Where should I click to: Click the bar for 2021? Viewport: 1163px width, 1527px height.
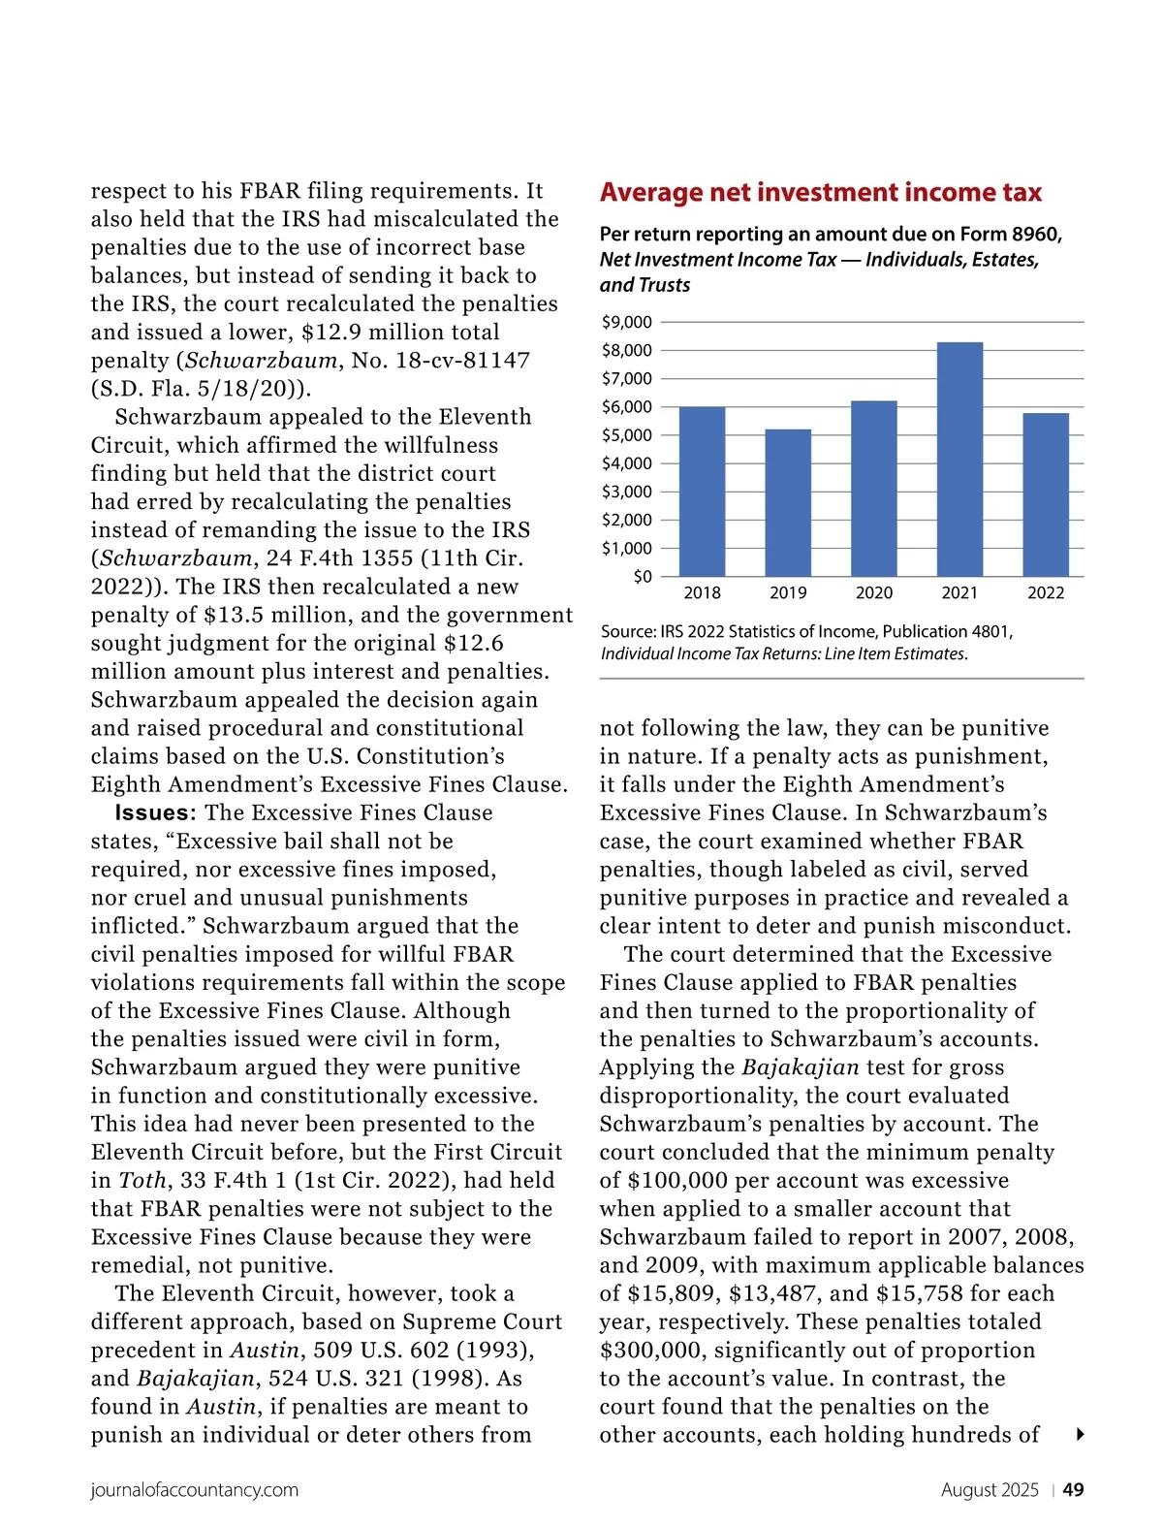[x=959, y=460]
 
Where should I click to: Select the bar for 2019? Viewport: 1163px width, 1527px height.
[x=788, y=503]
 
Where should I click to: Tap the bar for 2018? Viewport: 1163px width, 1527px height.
[x=702, y=492]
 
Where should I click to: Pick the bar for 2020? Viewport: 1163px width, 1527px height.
[x=873, y=489]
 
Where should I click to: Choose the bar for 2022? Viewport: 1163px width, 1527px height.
[x=1046, y=494]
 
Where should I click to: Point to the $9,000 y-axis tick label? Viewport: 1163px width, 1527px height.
[x=627, y=322]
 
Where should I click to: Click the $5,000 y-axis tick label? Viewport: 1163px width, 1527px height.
[x=627, y=435]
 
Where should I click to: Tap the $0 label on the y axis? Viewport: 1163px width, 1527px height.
[x=642, y=577]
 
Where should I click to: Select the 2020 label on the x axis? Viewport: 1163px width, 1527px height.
[x=873, y=593]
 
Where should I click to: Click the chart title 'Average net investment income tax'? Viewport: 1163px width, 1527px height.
[x=820, y=193]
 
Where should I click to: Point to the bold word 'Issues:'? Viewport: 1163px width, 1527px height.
[x=155, y=812]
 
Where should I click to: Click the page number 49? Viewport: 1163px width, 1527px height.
[x=1073, y=1490]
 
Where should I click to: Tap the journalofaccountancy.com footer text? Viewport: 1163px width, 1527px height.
[x=195, y=1490]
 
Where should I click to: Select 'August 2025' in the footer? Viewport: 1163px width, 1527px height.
[x=990, y=1490]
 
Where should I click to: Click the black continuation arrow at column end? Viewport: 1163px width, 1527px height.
[x=1080, y=1435]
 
